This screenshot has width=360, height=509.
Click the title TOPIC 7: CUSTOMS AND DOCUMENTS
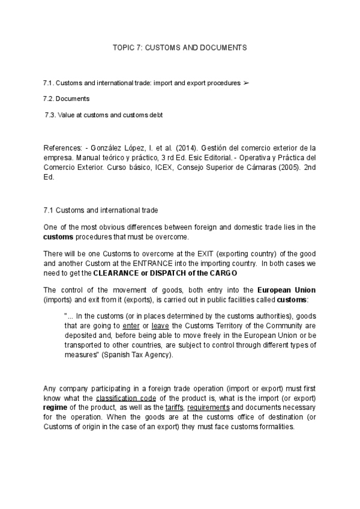coord(179,46)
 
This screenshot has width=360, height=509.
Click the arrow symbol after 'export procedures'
coord(245,82)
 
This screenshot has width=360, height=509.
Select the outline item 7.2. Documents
coord(67,98)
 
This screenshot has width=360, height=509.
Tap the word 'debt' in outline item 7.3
coord(155,114)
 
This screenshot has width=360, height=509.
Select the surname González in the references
coord(101,147)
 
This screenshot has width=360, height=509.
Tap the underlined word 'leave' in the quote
coord(160,325)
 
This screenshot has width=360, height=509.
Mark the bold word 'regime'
coord(58,408)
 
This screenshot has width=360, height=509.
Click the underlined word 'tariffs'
coord(174,408)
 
